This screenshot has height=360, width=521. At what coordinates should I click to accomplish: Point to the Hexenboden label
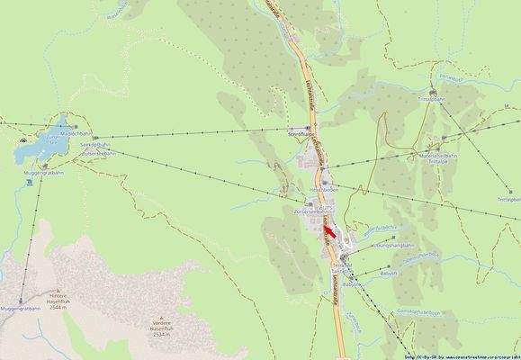324,191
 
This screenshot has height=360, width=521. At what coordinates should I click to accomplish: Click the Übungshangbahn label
392,246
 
